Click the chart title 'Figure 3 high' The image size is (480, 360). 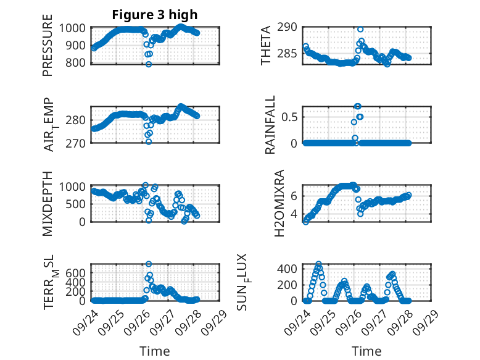[x=155, y=15]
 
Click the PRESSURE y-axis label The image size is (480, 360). [x=48, y=49]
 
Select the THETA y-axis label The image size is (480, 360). [x=266, y=46]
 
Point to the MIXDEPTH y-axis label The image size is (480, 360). [x=48, y=204]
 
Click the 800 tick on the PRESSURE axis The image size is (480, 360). [x=78, y=62]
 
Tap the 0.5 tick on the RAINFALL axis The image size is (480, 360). [x=292, y=117]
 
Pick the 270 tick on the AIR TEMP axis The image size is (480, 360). [x=78, y=143]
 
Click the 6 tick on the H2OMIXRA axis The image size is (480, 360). [x=295, y=195]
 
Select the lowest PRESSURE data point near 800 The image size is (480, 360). [x=149, y=64]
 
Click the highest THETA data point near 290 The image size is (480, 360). [x=360, y=29]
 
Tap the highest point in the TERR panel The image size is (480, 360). [x=149, y=264]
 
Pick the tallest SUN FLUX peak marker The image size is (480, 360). [x=318, y=264]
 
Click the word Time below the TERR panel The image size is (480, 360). [x=155, y=351]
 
